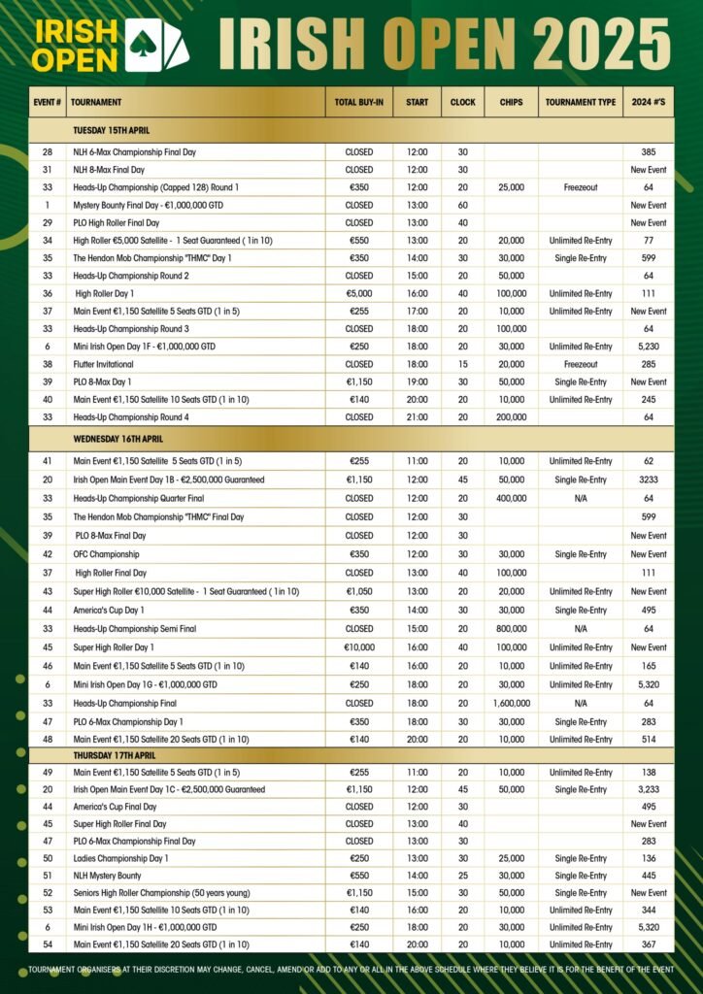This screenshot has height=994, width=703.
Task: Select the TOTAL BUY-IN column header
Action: click(358, 102)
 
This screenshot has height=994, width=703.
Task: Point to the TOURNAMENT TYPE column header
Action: click(580, 102)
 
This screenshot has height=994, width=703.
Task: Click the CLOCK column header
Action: click(463, 102)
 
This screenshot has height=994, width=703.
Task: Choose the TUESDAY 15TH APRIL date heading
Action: click(112, 130)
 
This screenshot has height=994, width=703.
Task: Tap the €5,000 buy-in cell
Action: click(358, 293)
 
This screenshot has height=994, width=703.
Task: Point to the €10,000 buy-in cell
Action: click(358, 647)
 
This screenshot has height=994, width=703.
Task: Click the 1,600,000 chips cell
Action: click(511, 703)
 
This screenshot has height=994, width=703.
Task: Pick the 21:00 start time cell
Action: click(417, 417)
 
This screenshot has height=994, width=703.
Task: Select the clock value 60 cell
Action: click(463, 206)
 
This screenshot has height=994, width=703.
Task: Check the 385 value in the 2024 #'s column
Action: click(648, 152)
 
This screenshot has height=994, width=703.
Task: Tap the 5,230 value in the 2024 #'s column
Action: click(648, 347)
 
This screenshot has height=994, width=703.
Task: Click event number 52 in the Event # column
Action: click(47, 893)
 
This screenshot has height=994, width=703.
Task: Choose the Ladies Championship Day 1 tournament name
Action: click(120, 858)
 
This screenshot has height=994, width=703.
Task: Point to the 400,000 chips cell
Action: click(511, 498)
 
